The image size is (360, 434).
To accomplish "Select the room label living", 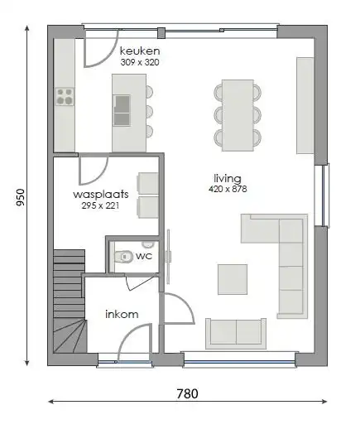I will pyautogui.click(x=227, y=178).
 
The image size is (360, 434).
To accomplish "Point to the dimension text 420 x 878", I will pyautogui.click(x=228, y=190).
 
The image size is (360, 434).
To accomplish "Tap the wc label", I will pyautogui.click(x=143, y=257).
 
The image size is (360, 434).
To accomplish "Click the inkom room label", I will pyautogui.click(x=121, y=314).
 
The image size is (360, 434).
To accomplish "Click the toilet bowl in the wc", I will pyautogui.click(x=125, y=257).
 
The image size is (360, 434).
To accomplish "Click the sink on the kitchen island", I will pyautogui.click(x=122, y=106).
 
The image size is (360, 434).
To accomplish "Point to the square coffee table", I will pyautogui.click(x=232, y=278).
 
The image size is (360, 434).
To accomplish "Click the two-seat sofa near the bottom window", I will pyautogui.click(x=236, y=332).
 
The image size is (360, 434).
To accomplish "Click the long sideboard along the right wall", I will pyautogui.click(x=305, y=104).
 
